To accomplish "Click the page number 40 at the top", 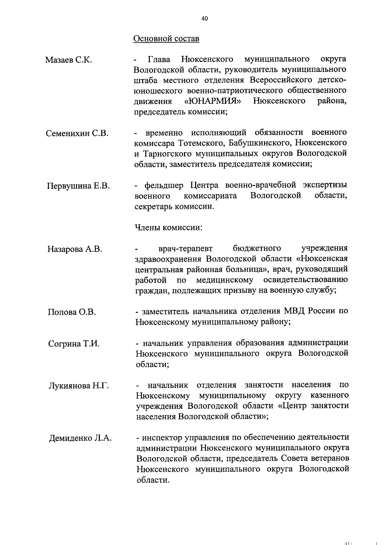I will [x=205, y=19].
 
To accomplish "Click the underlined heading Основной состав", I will [x=166, y=39].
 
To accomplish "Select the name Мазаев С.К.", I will [x=68, y=60].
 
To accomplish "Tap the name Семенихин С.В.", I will [x=77, y=133].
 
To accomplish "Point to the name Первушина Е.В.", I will [x=78, y=186].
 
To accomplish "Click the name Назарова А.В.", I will [x=74, y=249].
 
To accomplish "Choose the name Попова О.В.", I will [x=72, y=312].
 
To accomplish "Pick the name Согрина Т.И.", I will [x=74, y=344].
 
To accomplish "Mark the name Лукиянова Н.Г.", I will [x=79, y=385].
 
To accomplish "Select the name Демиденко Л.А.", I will [x=80, y=438].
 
